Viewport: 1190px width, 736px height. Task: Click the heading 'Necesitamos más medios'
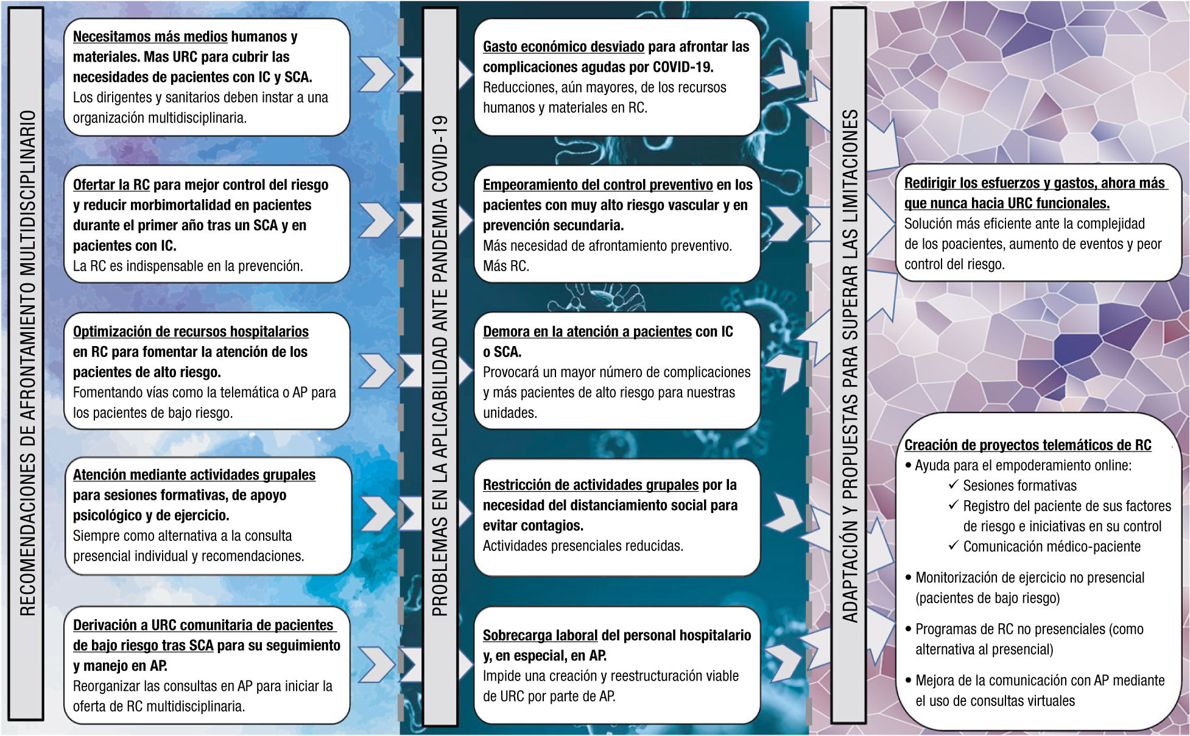click(150, 37)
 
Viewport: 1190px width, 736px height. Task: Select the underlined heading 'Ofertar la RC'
click(111, 185)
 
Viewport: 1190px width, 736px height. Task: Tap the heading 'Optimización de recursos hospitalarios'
click(191, 331)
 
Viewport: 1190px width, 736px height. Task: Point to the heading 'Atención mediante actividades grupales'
click(194, 475)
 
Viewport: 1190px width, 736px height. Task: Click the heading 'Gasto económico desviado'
click(563, 47)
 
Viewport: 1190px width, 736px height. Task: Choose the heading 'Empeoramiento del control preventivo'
click(597, 185)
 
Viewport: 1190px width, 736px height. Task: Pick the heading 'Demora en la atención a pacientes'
click(587, 331)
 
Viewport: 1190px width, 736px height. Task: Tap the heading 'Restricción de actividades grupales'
click(590, 485)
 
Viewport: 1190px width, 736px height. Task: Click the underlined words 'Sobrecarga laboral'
click(540, 635)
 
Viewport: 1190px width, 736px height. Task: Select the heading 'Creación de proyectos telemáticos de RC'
click(1027, 445)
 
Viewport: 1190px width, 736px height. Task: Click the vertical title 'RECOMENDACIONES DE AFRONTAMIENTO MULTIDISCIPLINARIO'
click(27, 363)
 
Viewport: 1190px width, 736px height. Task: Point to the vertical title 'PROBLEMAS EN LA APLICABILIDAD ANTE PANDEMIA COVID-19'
click(440, 366)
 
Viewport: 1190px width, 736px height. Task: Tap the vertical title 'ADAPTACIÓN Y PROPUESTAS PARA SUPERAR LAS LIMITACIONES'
click(850, 366)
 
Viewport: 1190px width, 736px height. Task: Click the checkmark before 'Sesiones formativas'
click(954, 485)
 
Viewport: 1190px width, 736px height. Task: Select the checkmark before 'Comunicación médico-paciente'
click(954, 545)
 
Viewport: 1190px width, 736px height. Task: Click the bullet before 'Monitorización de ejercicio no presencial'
click(909, 577)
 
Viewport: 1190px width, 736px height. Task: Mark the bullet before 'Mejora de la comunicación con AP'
click(909, 680)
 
